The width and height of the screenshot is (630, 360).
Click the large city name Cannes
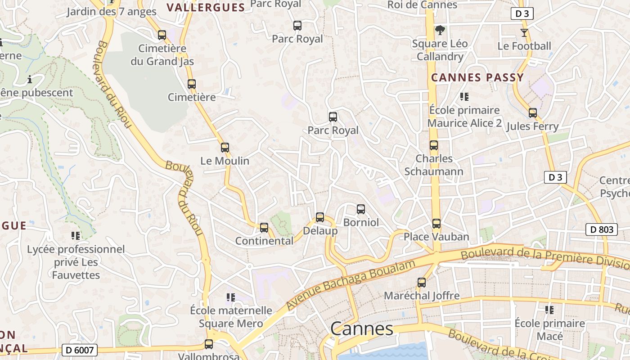pyautogui.click(x=362, y=329)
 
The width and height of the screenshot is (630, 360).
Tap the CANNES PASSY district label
pyautogui.click(x=477, y=77)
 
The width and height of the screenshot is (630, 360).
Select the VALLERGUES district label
pyautogui.click(x=206, y=7)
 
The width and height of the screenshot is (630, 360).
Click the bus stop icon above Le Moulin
pyautogui.click(x=225, y=147)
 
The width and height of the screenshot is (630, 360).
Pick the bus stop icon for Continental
pyautogui.click(x=264, y=227)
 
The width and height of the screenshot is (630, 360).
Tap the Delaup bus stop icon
pyautogui.click(x=320, y=217)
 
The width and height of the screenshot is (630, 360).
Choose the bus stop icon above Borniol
pyautogui.click(x=361, y=209)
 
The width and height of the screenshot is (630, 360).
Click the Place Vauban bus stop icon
pyautogui.click(x=436, y=223)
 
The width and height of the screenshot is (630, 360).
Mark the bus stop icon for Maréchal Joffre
pyautogui.click(x=422, y=282)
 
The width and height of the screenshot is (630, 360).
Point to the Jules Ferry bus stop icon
pyautogui.click(x=533, y=112)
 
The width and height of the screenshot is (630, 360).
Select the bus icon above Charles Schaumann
pyautogui.click(x=434, y=145)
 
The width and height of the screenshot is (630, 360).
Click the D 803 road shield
pyautogui.click(x=601, y=229)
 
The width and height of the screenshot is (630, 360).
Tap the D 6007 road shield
pyautogui.click(x=79, y=350)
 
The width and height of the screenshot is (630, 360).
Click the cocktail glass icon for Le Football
pyautogui.click(x=524, y=32)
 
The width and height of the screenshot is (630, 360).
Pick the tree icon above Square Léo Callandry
pyautogui.click(x=440, y=30)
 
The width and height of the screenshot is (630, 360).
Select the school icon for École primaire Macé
pyautogui.click(x=549, y=310)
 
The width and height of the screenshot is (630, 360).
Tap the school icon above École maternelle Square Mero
pyautogui.click(x=231, y=297)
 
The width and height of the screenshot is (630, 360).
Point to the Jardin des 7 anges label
pyautogui.click(x=112, y=12)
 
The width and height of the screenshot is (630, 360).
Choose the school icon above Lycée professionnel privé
pyautogui.click(x=76, y=235)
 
